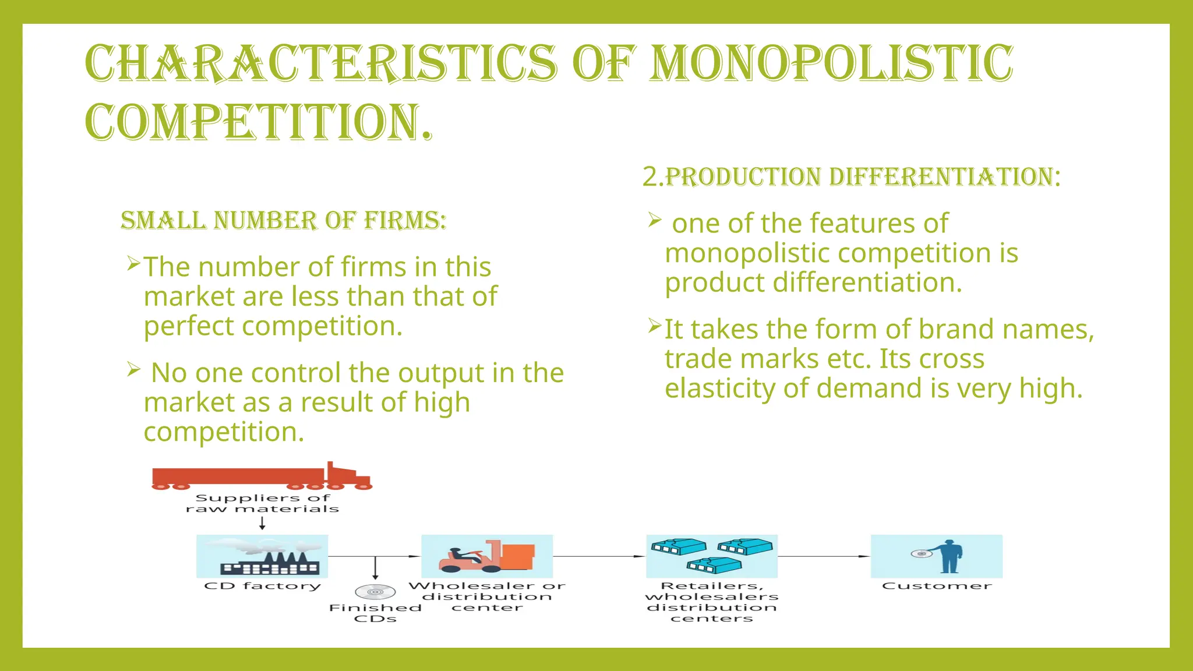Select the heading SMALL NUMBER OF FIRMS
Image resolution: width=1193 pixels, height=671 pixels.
[x=283, y=221]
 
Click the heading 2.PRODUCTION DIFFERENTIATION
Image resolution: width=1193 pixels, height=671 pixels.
[x=851, y=177]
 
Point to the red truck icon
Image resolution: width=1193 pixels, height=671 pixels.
[x=262, y=476]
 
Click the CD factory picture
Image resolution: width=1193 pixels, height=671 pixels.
[x=262, y=556]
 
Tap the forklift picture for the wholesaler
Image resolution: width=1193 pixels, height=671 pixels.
[x=487, y=556]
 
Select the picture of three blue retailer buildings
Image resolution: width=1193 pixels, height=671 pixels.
[x=712, y=556]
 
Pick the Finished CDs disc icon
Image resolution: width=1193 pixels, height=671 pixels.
[x=375, y=592]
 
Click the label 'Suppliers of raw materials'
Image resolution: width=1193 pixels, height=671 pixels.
[x=262, y=503]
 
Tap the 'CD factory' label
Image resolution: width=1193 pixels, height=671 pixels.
[x=262, y=586]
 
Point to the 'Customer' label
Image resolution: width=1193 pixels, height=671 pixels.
[x=937, y=586]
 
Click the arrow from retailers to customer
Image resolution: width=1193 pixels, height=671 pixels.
[x=824, y=556]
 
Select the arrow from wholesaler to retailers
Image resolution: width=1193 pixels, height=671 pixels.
[x=599, y=556]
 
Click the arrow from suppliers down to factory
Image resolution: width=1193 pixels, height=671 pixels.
[x=262, y=523]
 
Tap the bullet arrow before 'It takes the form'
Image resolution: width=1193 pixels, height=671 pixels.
[x=655, y=326]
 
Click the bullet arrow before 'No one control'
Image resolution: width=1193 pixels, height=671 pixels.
[x=134, y=369]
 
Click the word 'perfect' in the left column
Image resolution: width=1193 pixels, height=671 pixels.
[x=189, y=326]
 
